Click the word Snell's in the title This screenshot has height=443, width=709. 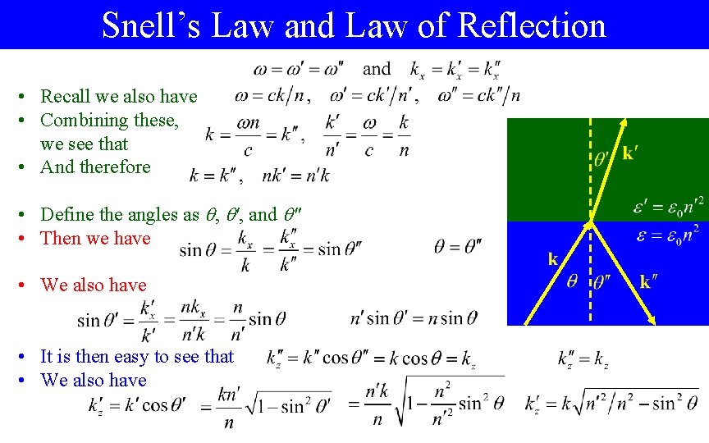pos(150,25)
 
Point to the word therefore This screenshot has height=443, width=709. pos(115,167)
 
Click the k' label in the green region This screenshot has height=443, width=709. pos(632,153)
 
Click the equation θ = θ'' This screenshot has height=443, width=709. pos(458,246)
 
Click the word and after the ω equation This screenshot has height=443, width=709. pos(377,69)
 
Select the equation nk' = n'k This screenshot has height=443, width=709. pos(296,176)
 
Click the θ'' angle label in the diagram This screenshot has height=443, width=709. pos(602,281)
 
